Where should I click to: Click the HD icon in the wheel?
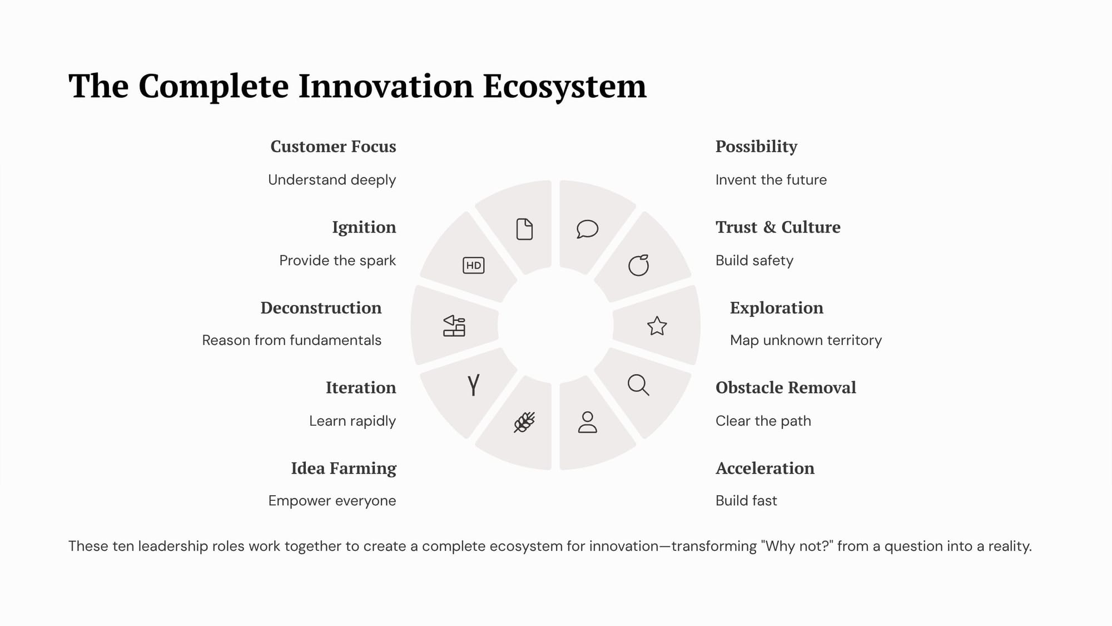pyautogui.click(x=473, y=265)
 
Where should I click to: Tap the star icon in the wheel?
pyautogui.click(x=657, y=326)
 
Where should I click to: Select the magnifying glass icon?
pyautogui.click(x=638, y=385)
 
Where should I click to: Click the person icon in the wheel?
pyautogui.click(x=587, y=422)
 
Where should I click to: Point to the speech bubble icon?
pyautogui.click(x=587, y=229)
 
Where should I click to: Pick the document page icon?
pyautogui.click(x=524, y=229)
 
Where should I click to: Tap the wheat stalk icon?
pyautogui.click(x=524, y=422)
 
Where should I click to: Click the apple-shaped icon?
pyautogui.click(x=638, y=265)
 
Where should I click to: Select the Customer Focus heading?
pyautogui.click(x=333, y=147)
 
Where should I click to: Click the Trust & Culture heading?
pyautogui.click(x=778, y=227)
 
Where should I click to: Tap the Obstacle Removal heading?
pyautogui.click(x=786, y=387)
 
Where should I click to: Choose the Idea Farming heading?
pyautogui.click(x=344, y=469)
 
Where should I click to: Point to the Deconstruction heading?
pyautogui.click(x=321, y=308)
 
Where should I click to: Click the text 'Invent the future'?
pyautogui.click(x=771, y=180)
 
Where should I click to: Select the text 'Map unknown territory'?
pyautogui.click(x=806, y=340)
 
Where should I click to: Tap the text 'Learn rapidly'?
pyautogui.click(x=353, y=421)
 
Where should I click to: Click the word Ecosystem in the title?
pyautogui.click(x=564, y=87)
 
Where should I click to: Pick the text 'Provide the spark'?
pyautogui.click(x=337, y=260)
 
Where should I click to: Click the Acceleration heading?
pyautogui.click(x=765, y=468)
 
